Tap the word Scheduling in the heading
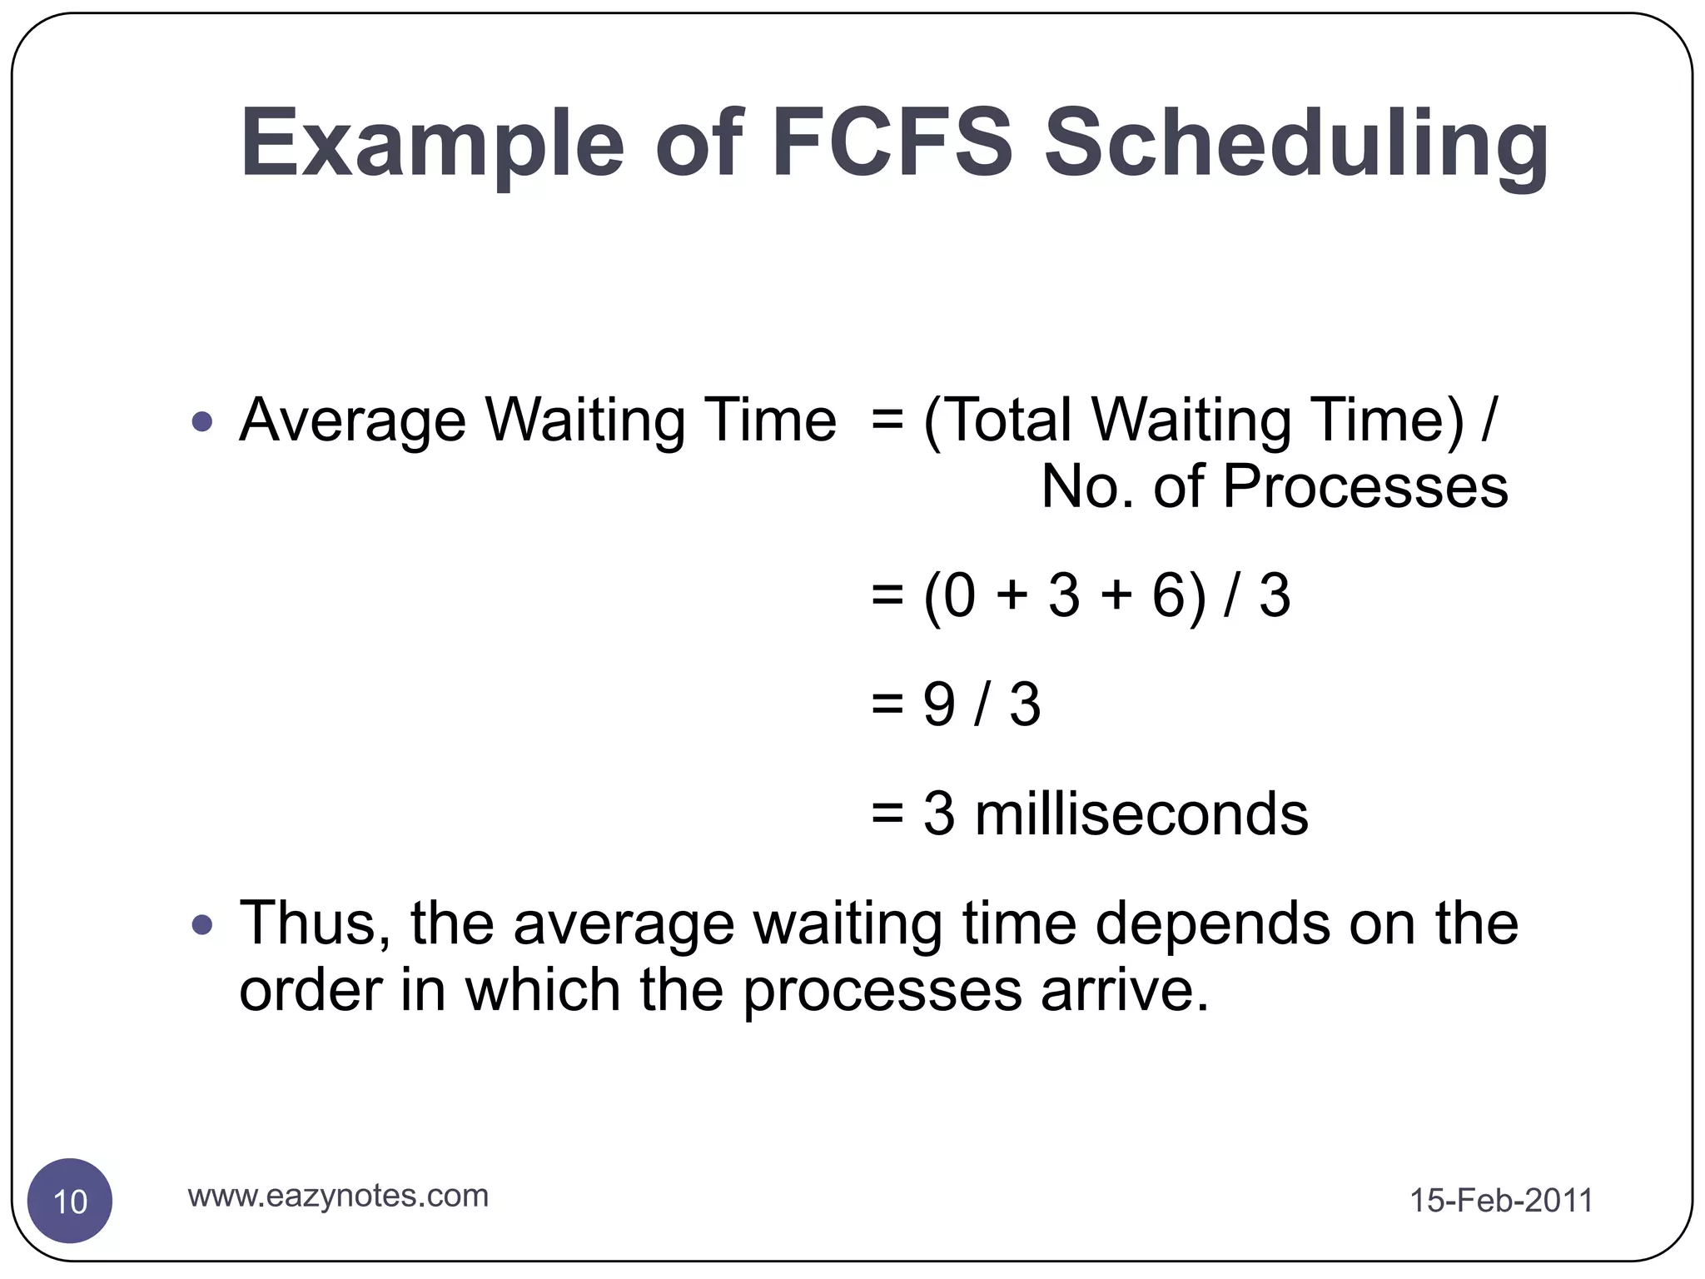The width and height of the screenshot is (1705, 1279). point(1295,146)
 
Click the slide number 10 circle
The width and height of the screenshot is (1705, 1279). point(70,1201)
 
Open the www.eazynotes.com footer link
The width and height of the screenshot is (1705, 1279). point(338,1196)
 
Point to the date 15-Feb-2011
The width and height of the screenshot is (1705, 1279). point(1500,1201)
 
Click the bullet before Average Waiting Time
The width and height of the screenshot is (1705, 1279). point(202,421)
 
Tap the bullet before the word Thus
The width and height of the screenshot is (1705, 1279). point(202,924)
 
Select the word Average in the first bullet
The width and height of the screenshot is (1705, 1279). point(352,421)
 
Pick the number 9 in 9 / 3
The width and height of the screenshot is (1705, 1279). point(938,704)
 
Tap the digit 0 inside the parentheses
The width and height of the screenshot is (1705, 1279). point(959,596)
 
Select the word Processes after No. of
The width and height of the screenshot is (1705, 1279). point(1364,488)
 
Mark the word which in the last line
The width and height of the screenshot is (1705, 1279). point(542,991)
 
